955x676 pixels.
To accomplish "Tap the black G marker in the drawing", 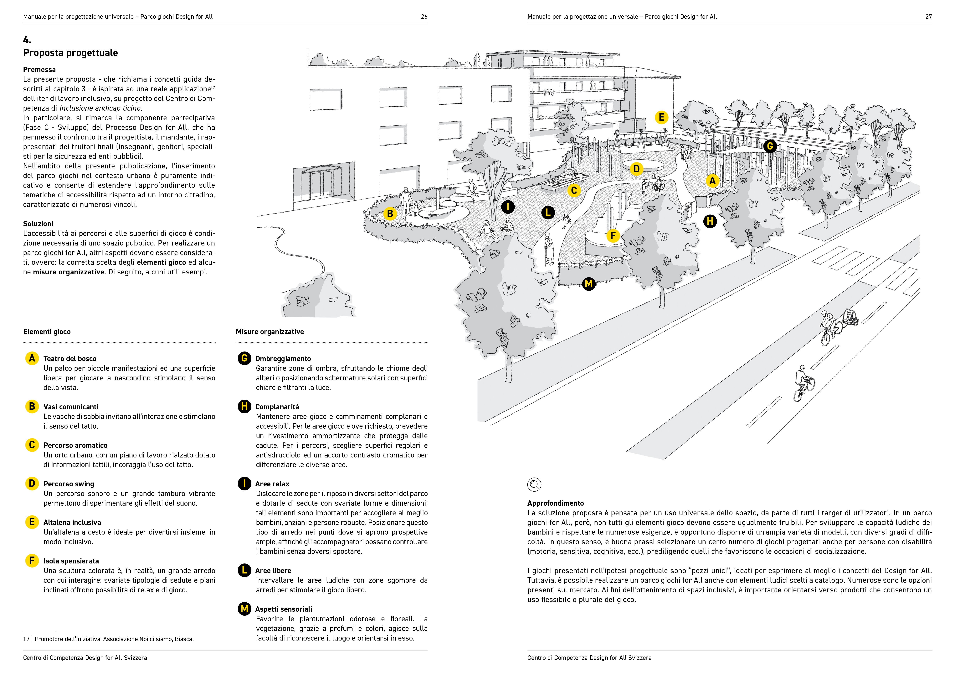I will [770, 146].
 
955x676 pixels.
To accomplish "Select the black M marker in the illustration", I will [588, 284].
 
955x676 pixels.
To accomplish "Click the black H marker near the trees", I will [710, 221].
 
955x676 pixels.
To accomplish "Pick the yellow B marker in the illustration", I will [390, 214].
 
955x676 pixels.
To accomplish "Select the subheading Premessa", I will [39, 70].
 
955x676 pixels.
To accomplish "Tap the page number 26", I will [424, 17].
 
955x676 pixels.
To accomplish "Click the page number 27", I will [928, 17].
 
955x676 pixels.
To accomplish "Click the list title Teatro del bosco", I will [70, 358].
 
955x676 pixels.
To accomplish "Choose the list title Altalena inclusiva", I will [72, 522].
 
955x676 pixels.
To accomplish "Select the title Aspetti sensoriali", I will [284, 609].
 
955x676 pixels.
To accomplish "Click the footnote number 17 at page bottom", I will [26, 639].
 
